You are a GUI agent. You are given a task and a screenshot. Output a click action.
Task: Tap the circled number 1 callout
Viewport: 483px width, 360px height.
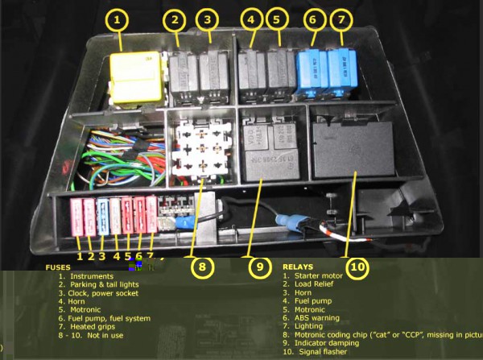click(118, 20)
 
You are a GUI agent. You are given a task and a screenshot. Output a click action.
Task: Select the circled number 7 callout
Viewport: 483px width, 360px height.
click(341, 19)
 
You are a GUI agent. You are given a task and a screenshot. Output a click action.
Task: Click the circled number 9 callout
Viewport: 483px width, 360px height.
click(257, 266)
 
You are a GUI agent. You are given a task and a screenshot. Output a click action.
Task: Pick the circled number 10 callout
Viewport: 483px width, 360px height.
click(356, 266)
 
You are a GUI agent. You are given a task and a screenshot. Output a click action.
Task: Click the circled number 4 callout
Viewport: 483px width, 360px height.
click(251, 19)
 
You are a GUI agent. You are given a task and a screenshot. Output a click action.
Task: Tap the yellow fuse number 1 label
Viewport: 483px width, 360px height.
click(80, 256)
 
